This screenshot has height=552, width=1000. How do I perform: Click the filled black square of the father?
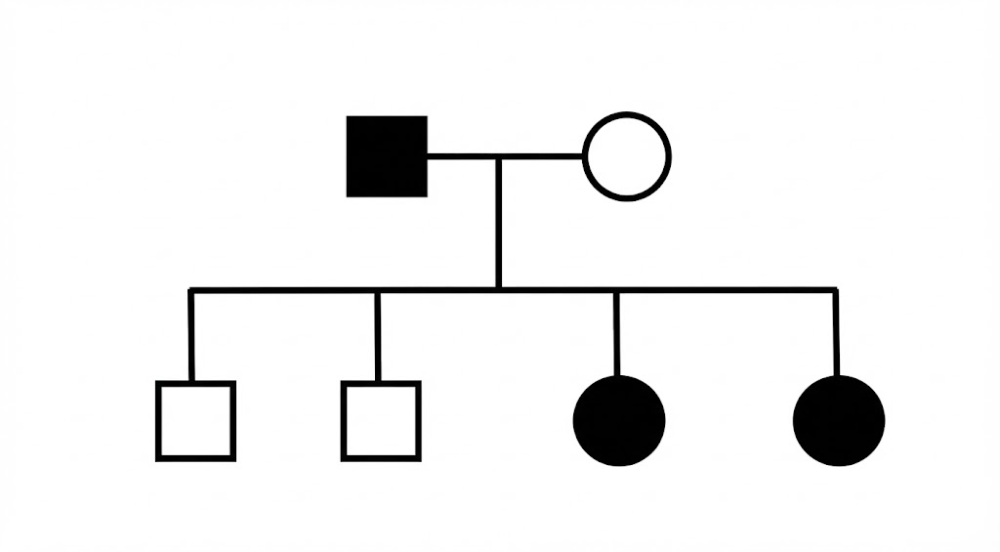[x=387, y=156]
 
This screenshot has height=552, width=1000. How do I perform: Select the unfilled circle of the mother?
[x=627, y=156]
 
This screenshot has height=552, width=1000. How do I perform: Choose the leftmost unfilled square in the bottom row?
[x=195, y=420]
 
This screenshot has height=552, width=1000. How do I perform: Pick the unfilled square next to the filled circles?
[x=381, y=420]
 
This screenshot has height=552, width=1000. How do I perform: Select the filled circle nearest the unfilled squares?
[x=618, y=420]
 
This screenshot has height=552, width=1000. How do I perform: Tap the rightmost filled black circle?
[x=839, y=420]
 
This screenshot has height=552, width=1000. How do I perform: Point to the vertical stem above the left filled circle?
[x=616, y=332]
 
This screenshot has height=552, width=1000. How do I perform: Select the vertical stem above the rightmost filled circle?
[x=836, y=332]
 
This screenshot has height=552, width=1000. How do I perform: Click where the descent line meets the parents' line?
[x=498, y=155]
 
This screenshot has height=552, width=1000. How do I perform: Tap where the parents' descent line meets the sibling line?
[x=498, y=289]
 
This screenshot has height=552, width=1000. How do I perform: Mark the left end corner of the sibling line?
[x=191, y=290]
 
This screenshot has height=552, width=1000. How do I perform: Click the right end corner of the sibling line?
[x=836, y=290]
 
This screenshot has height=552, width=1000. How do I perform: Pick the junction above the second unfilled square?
[x=378, y=290]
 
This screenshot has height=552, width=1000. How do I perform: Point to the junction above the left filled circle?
[x=616, y=290]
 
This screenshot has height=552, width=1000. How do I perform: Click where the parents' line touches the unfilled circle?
[x=584, y=155]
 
